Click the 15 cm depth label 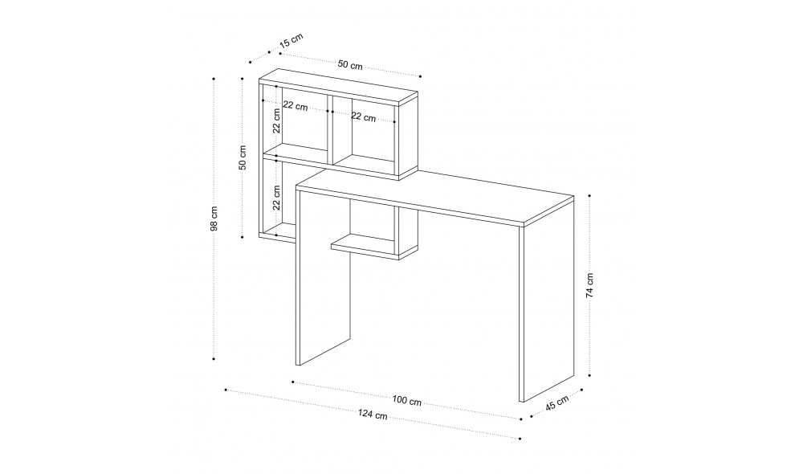[x=291, y=40]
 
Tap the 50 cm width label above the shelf [x=350, y=65]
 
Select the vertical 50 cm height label [x=243, y=157]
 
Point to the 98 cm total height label [x=214, y=219]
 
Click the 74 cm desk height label [x=589, y=285]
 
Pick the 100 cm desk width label [x=407, y=401]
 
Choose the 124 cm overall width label [x=373, y=415]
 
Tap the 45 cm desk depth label [x=556, y=402]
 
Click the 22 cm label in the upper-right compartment [x=363, y=116]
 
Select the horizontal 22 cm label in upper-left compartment [x=296, y=106]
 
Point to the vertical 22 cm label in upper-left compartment [x=276, y=121]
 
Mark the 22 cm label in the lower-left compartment [x=276, y=198]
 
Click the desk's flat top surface [x=435, y=197]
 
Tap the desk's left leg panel [x=323, y=276]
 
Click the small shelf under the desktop [x=374, y=247]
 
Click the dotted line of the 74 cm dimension [x=589, y=285]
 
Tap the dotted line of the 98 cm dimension [x=214, y=219]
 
